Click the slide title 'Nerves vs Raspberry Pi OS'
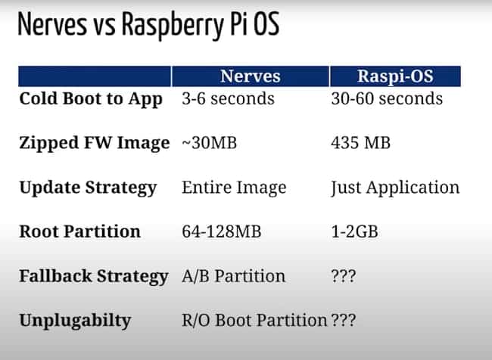click(x=148, y=25)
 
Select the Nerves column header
click(x=250, y=76)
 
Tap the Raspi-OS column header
click(x=395, y=76)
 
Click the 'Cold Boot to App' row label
click(x=91, y=99)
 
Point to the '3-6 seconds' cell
click(x=228, y=98)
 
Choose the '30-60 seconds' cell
click(x=387, y=98)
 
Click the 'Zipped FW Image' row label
click(x=95, y=143)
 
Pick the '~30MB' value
click(x=209, y=143)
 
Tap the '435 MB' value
click(x=360, y=143)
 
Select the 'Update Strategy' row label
click(x=88, y=188)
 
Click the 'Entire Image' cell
click(x=234, y=188)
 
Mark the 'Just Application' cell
click(x=395, y=188)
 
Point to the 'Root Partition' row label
click(x=79, y=231)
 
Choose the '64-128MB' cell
click(x=222, y=231)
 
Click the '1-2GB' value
click(x=354, y=231)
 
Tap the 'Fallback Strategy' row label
click(x=94, y=277)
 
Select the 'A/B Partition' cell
click(x=233, y=276)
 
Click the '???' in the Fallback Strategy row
click(x=344, y=276)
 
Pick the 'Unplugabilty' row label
click(x=75, y=321)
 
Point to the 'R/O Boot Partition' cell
click(x=254, y=321)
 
